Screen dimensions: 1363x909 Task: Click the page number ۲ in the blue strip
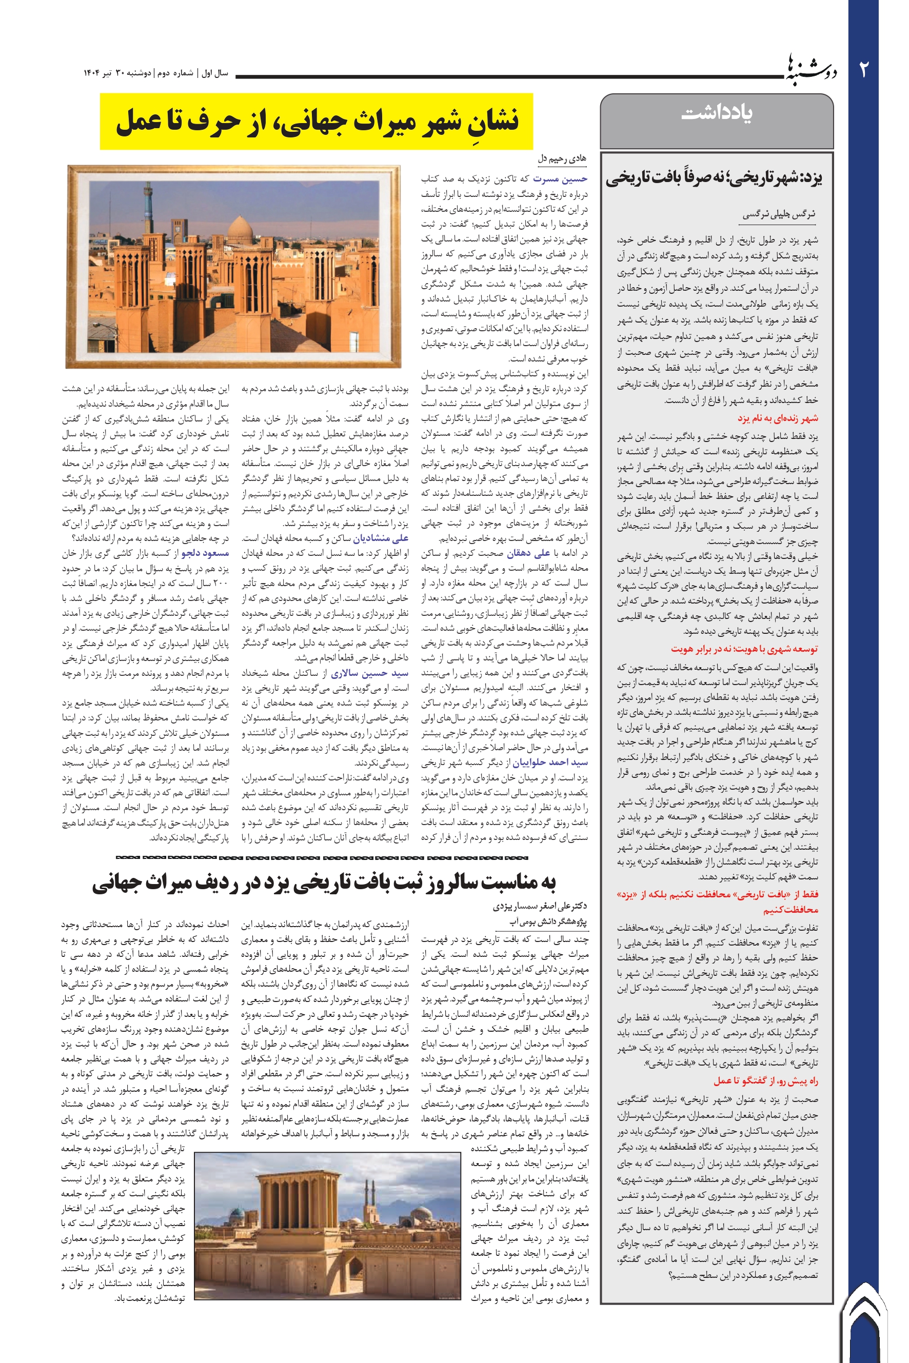coord(863,70)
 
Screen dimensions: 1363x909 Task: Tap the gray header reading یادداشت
coord(717,112)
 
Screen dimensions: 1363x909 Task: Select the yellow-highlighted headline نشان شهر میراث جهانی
coord(317,121)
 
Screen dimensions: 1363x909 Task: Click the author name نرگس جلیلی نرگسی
coord(779,214)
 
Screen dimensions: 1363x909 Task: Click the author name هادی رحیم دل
coord(562,158)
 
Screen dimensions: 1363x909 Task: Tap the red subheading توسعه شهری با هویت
coord(744,649)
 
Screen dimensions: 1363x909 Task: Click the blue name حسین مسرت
coord(560,178)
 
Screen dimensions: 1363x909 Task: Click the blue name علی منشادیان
coord(381,538)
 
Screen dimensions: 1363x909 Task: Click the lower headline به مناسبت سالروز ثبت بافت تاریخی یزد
coord(324,883)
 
